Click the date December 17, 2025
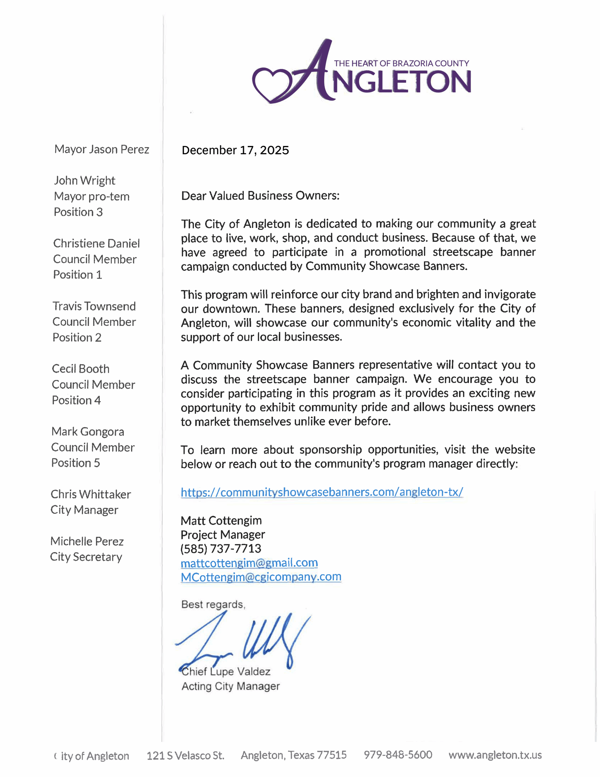pos(235,151)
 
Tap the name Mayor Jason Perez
pos(102,149)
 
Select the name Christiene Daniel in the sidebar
pos(96,243)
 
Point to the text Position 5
pos(76,463)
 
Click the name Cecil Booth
pos(81,369)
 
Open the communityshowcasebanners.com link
pos(322,492)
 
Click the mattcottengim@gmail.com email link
pos(249,563)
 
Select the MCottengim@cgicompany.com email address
pos(261,577)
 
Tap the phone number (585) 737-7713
pos(221,548)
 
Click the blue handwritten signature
pos(245,640)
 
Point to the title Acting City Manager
pos(231,686)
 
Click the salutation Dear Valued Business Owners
pos(260,196)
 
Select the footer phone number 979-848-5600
pos(398,755)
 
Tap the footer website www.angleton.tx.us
pos(495,755)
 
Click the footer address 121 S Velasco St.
pos(185,755)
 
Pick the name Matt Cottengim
pos(221,521)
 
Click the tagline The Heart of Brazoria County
pos(402,64)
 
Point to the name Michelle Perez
pos(87,541)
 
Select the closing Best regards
pos(213,605)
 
